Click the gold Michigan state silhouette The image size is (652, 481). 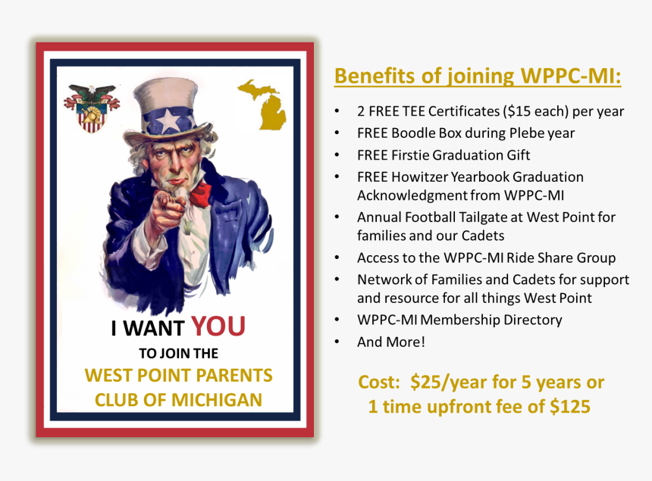tap(263, 104)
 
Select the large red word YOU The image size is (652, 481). tap(218, 326)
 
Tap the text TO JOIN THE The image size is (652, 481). tap(178, 353)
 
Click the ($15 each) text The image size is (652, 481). tap(535, 111)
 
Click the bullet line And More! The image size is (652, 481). tap(391, 342)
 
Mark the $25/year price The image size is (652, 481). tap(445, 382)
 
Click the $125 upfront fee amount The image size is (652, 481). tap(569, 406)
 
